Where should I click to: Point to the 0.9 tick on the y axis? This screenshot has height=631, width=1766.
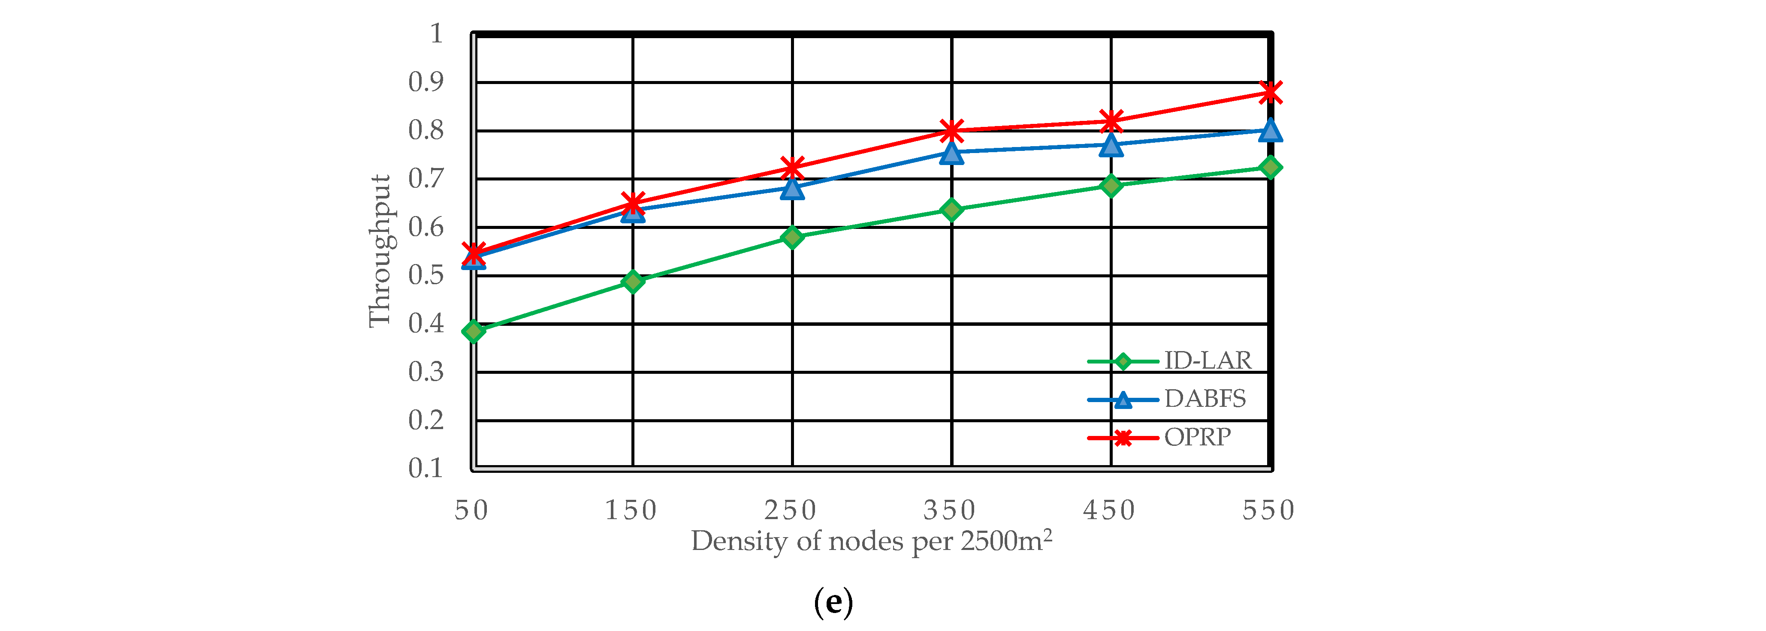tap(426, 82)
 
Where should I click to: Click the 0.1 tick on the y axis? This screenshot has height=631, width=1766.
tap(426, 469)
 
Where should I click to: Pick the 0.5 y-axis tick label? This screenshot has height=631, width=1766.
tap(426, 276)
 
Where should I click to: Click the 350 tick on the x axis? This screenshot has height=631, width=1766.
tap(950, 511)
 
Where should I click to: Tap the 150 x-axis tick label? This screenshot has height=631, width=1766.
tap(631, 511)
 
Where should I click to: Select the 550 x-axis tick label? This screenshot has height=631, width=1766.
tap(1268, 511)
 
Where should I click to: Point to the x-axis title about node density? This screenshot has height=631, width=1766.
tap(871, 541)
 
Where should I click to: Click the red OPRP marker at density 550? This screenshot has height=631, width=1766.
tap(1270, 93)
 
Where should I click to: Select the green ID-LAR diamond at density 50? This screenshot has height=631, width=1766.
tap(474, 332)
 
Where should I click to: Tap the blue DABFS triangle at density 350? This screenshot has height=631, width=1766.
tap(951, 153)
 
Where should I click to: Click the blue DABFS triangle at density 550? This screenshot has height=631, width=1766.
tap(1270, 129)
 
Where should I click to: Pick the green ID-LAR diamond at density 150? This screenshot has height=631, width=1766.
tap(633, 281)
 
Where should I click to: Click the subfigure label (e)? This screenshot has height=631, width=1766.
tap(833, 603)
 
